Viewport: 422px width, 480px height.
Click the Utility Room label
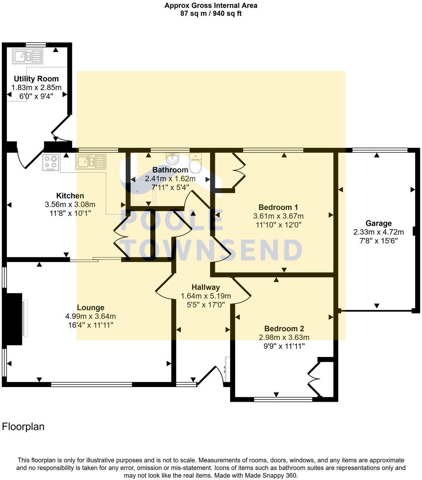tap(36, 79)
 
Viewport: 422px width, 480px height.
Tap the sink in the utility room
tap(28, 56)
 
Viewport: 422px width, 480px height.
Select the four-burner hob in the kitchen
tap(51, 162)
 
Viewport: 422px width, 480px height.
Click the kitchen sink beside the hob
tap(91, 162)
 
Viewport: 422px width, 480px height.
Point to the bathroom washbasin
tap(172, 159)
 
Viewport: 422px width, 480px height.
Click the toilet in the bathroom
tap(195, 163)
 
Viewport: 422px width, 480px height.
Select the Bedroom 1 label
tap(278, 207)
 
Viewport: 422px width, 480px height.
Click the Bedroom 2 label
tap(284, 329)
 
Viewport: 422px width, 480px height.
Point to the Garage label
tap(378, 224)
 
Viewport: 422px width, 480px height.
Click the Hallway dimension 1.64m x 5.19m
tap(206, 296)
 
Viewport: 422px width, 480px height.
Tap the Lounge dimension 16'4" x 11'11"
tap(90, 325)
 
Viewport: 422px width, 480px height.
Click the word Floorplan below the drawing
tap(23, 427)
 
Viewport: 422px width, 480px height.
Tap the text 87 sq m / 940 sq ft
tap(211, 14)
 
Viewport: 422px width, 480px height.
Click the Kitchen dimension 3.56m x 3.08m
tap(70, 204)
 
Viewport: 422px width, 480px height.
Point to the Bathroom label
tap(170, 170)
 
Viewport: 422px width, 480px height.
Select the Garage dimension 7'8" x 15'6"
tap(378, 241)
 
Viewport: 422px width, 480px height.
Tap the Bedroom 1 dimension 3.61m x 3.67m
tap(278, 216)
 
